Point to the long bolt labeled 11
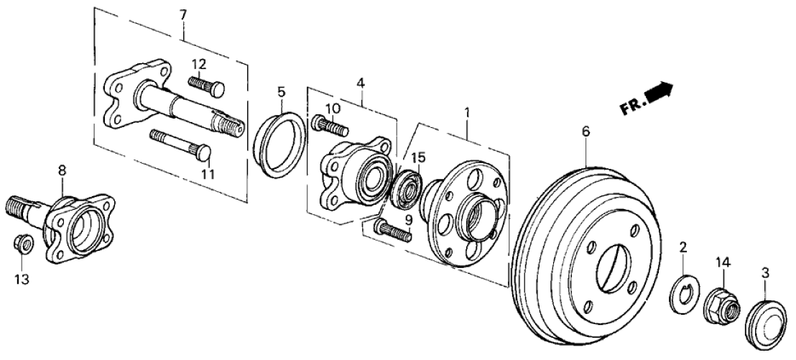click(x=179, y=143)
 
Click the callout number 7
click(x=182, y=14)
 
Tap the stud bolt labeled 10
click(x=330, y=126)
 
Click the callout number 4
click(x=361, y=85)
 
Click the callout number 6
click(x=586, y=131)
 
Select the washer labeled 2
click(x=682, y=292)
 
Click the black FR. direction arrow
click(x=660, y=93)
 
